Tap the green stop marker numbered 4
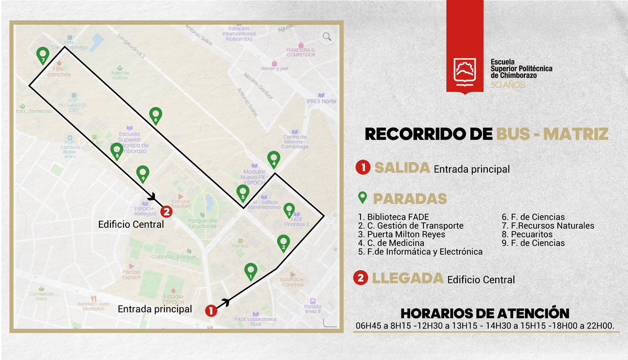point(273,158)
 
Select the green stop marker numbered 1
point(251,270)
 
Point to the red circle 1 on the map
point(211,310)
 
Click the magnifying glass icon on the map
point(327,37)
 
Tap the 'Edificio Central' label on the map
point(131,224)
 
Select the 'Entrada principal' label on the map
point(154,309)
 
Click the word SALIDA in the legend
point(402,168)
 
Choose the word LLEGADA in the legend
point(407,278)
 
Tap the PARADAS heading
point(410,199)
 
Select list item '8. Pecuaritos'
point(523,234)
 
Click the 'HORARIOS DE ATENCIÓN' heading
point(485,313)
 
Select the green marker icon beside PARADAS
point(361,198)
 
